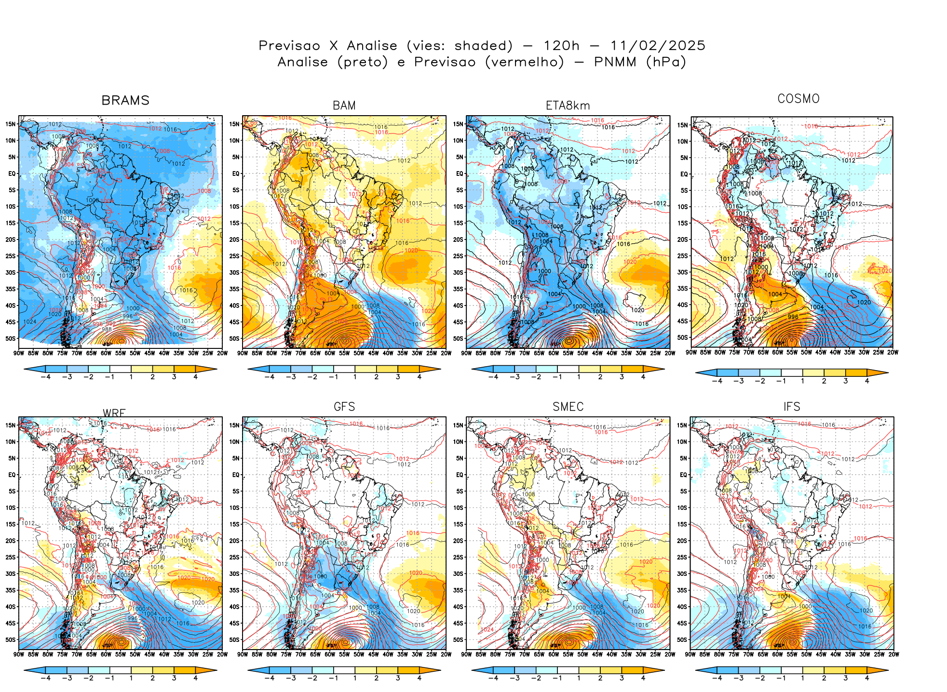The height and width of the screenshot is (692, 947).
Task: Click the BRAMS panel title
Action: (x=125, y=100)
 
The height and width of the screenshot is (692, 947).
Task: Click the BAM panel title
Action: (x=344, y=106)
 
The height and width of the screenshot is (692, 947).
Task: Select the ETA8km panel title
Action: (x=568, y=106)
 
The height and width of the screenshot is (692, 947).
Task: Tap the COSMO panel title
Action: (x=798, y=99)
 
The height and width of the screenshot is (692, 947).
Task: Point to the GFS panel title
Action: (x=344, y=407)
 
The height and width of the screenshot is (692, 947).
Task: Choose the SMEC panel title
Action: (x=568, y=407)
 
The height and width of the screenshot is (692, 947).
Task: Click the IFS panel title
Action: (x=792, y=407)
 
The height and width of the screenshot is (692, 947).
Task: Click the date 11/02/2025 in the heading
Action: (x=658, y=46)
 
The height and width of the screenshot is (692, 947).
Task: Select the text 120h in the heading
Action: (x=561, y=46)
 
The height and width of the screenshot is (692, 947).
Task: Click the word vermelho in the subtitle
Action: (x=524, y=62)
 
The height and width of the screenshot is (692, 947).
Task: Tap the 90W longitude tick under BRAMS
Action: (x=19, y=353)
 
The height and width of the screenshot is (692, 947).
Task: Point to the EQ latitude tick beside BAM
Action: (x=236, y=173)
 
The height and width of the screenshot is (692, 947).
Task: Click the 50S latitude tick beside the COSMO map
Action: (x=682, y=338)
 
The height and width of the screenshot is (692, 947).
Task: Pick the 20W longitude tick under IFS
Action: (x=893, y=654)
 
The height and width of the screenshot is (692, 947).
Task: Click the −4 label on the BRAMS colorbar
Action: (x=45, y=377)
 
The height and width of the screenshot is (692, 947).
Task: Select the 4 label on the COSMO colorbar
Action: (x=867, y=381)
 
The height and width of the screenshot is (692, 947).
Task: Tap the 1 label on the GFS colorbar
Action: (x=355, y=678)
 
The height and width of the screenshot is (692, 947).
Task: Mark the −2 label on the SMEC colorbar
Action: (x=536, y=678)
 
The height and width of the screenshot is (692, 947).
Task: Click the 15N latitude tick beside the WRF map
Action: (x=11, y=425)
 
